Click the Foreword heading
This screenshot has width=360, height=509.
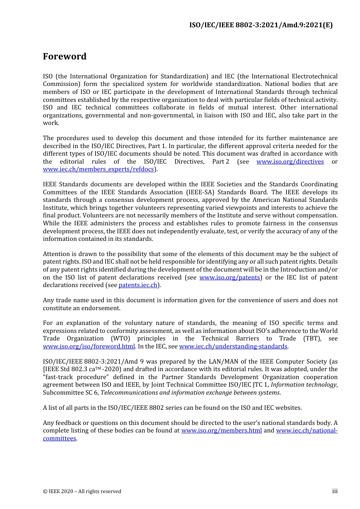coord(64,56)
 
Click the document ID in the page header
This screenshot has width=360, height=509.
coord(261,25)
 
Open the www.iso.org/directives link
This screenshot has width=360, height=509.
coord(290,162)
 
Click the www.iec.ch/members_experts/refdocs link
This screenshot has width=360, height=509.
coord(99,169)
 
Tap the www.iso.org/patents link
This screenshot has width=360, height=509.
coord(230,278)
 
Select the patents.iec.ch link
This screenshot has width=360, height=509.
coord(138,285)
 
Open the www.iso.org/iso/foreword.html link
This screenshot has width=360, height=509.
coord(89,347)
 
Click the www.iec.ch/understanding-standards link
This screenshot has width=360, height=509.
coord(233,347)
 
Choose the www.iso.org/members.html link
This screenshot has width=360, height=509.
coord(221,431)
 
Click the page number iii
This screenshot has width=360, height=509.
coord(335,491)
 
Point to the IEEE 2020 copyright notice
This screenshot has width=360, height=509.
coord(82,492)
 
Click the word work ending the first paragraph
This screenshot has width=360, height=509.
coord(50,123)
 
